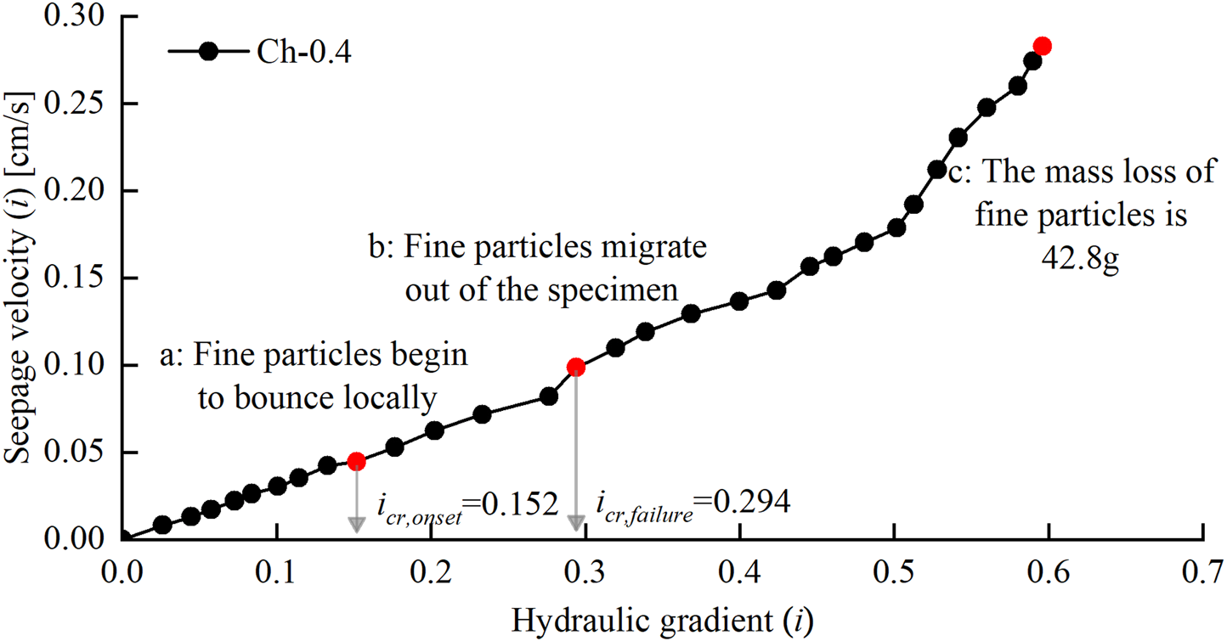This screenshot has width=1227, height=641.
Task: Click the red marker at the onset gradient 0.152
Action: tap(357, 461)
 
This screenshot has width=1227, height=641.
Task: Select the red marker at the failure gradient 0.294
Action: tap(576, 367)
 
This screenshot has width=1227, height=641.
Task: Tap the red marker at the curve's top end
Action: tap(1042, 46)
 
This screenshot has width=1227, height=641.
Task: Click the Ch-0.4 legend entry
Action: tap(260, 52)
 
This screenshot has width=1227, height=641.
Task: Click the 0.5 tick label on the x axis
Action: tap(894, 565)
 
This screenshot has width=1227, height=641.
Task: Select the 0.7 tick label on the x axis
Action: tap(1202, 565)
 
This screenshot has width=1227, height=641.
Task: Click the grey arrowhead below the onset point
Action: tap(357, 524)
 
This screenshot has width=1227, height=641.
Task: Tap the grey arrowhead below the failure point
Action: tap(576, 524)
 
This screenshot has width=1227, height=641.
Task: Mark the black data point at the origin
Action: tap(123, 537)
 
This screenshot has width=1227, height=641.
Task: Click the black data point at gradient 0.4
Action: tap(739, 301)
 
